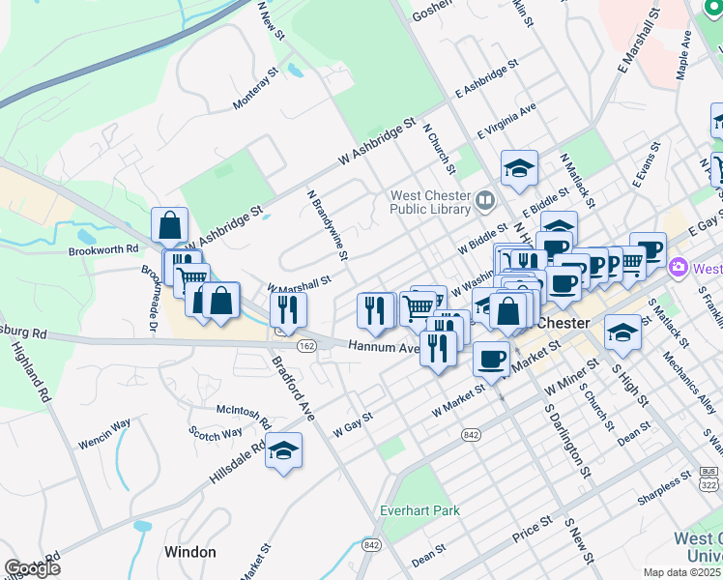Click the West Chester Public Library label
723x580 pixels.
click(x=430, y=203)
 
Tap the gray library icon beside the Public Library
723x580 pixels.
click(x=485, y=202)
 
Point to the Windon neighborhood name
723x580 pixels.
click(x=190, y=552)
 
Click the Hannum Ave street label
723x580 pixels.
click(x=384, y=345)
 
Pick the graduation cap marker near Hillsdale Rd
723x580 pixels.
click(x=283, y=451)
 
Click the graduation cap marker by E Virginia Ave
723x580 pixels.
click(x=519, y=168)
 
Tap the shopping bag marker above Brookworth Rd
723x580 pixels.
click(x=169, y=225)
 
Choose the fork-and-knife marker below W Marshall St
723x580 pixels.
click(x=288, y=309)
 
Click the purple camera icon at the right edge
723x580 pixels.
click(x=679, y=268)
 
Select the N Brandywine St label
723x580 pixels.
click(x=327, y=223)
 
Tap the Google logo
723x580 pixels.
click(x=33, y=568)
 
